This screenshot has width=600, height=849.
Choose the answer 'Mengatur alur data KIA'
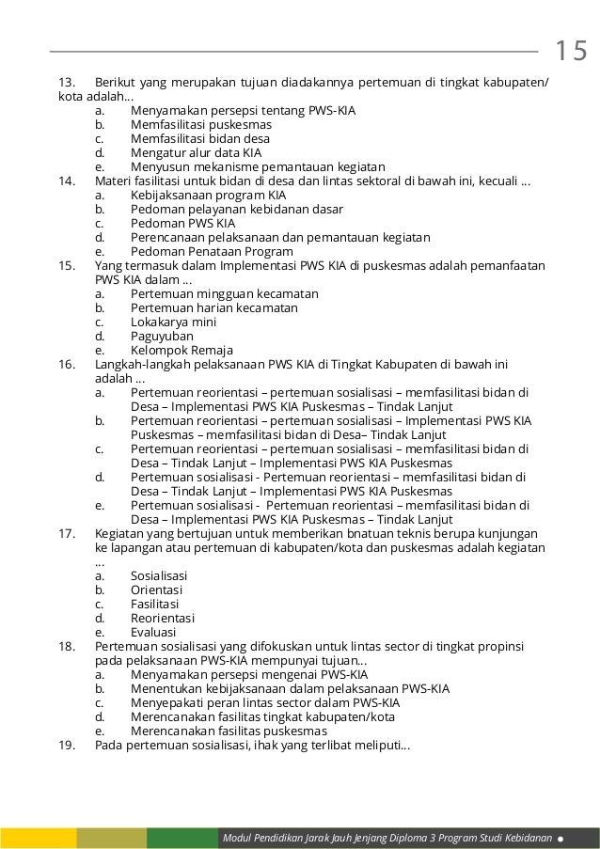196,152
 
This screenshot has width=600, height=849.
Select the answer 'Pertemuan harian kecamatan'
214,307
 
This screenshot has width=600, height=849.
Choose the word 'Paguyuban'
162,336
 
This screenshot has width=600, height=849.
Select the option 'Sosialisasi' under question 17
159,575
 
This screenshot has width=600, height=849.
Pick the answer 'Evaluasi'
153,632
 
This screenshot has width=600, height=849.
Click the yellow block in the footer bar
38,837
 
